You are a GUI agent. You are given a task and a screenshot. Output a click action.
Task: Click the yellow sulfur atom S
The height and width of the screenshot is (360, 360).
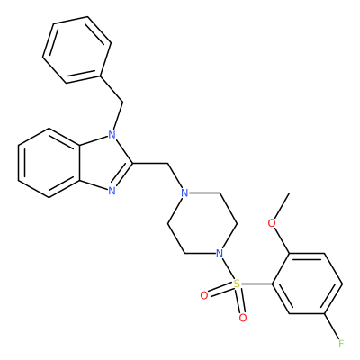click(238, 283)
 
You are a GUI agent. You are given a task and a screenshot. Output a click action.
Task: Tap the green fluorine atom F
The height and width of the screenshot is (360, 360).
click(341, 343)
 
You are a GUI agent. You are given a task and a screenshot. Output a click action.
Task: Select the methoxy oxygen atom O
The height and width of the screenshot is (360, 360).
click(272, 223)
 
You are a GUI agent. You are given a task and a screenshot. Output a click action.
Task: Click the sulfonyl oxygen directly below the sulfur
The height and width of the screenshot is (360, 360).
click(243, 318)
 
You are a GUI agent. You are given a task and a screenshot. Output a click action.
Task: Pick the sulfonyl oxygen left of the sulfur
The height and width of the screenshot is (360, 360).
click(204, 295)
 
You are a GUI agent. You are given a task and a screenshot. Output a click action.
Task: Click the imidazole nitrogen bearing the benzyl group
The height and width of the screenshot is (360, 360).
click(112, 134)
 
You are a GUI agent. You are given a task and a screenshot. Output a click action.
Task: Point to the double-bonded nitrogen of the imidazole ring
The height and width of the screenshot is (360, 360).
click(112, 191)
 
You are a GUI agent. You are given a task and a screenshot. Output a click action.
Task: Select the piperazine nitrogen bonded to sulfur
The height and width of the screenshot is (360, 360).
click(220, 253)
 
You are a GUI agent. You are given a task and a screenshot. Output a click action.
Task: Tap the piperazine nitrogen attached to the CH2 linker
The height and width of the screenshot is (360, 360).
click(185, 193)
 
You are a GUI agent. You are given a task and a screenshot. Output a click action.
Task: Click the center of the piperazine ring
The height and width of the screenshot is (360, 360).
click(202, 223)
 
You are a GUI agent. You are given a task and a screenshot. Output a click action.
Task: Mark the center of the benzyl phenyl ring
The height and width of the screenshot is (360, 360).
click(76, 49)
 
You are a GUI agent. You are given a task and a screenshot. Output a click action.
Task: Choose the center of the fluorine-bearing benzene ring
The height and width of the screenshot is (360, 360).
click(307, 283)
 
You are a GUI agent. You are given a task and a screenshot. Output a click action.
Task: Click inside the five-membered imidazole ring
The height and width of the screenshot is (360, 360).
click(103, 163)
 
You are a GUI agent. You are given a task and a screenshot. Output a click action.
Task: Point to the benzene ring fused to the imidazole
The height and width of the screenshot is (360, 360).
click(49, 163)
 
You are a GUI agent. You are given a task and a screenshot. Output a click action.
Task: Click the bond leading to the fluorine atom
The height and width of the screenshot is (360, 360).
click(332, 327)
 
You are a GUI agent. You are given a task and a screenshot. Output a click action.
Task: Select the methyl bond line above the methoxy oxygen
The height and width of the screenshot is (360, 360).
click(282, 206)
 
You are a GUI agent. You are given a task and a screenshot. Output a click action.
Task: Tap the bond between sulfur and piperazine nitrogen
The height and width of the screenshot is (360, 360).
click(229, 268)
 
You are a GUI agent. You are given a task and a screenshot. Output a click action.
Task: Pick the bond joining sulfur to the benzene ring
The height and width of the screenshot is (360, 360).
click(256, 283)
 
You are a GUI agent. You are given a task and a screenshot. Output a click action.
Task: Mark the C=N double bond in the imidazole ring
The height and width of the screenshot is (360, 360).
click(121, 177)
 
